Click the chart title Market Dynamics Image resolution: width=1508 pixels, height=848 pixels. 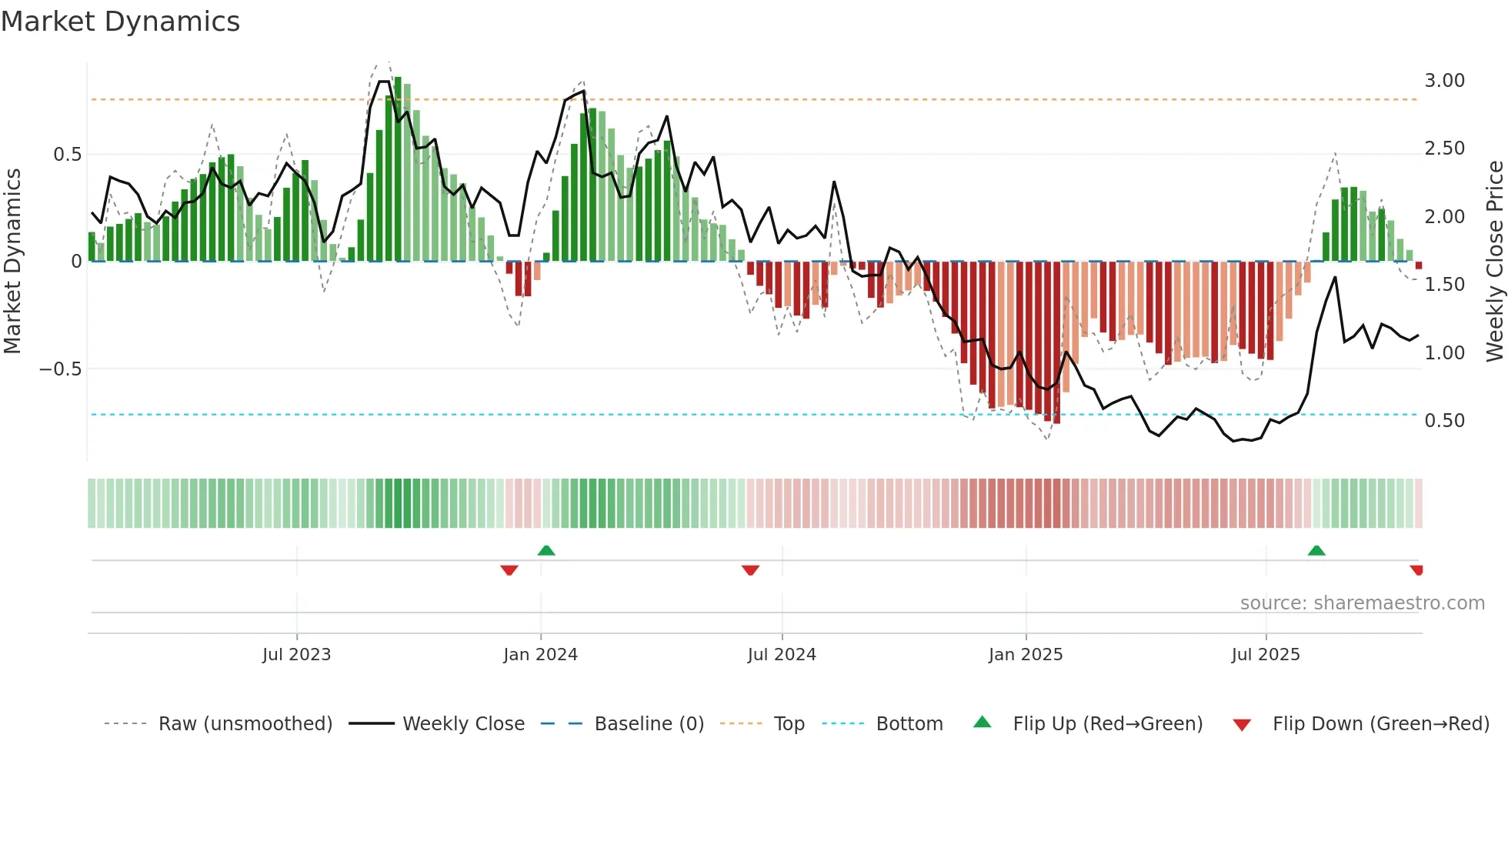(120, 22)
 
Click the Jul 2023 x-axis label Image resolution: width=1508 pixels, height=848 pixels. (296, 654)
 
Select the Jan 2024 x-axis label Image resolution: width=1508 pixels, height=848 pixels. (540, 654)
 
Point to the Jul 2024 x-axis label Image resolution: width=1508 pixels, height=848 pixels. (782, 654)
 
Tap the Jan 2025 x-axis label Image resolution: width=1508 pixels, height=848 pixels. (1026, 654)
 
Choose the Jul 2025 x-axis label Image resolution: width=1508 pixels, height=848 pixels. (1266, 654)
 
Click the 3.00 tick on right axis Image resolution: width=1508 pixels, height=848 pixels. (1444, 81)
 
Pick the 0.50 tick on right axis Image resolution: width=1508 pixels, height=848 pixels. (1444, 420)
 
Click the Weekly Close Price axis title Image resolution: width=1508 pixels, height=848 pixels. (1494, 261)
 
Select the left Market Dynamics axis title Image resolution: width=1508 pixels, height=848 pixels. (12, 261)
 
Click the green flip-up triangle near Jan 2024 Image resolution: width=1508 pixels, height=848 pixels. (546, 550)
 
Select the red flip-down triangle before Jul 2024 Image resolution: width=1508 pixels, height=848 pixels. (750, 570)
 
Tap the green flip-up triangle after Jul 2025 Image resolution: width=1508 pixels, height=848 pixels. (1316, 550)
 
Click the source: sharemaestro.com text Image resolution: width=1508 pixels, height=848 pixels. (1362, 603)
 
